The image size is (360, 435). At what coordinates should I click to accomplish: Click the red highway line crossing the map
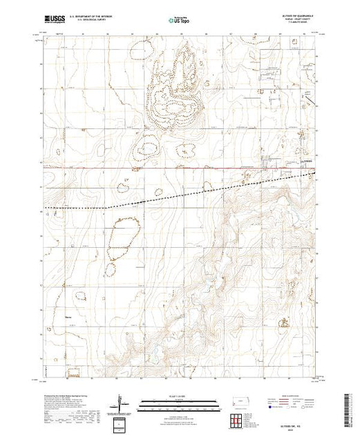(173, 168)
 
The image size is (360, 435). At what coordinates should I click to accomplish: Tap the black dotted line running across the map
(173, 195)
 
